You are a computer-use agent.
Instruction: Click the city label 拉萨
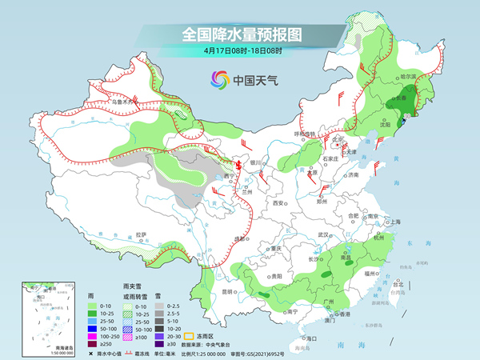click(x=142, y=234)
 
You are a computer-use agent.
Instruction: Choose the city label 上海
click(x=394, y=222)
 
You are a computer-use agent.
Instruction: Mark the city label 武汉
click(x=324, y=234)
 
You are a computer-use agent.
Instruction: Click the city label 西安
click(x=278, y=204)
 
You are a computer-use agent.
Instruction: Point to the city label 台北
click(x=398, y=284)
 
